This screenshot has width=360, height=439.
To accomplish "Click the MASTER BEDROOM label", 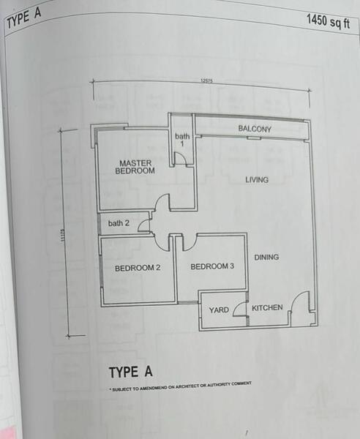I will (135, 166).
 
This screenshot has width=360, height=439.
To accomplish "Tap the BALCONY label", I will (255, 130).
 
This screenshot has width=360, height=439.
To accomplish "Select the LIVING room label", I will (256, 179).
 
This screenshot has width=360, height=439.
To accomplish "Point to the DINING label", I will (266, 257).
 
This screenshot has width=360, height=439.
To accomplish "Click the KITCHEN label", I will (267, 307).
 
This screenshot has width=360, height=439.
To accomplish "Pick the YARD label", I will (219, 310).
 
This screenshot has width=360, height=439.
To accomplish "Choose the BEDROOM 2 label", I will (138, 268).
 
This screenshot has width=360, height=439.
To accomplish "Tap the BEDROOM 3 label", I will (212, 266).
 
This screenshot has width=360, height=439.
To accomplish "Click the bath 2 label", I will (119, 223).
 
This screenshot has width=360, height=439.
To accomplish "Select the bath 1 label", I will (181, 140).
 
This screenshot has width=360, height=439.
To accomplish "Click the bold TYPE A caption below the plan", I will (131, 372).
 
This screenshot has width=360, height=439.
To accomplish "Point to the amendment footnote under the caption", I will (180, 386).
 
